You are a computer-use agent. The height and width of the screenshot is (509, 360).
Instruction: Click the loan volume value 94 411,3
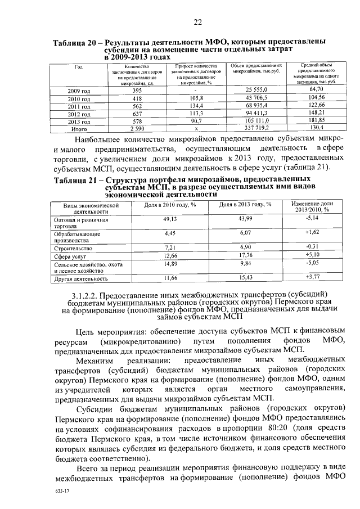[x=259, y=113]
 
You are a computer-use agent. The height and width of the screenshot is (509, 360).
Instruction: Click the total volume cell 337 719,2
[x=259, y=128]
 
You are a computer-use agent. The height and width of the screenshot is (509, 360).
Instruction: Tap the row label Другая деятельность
[x=81, y=278]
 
